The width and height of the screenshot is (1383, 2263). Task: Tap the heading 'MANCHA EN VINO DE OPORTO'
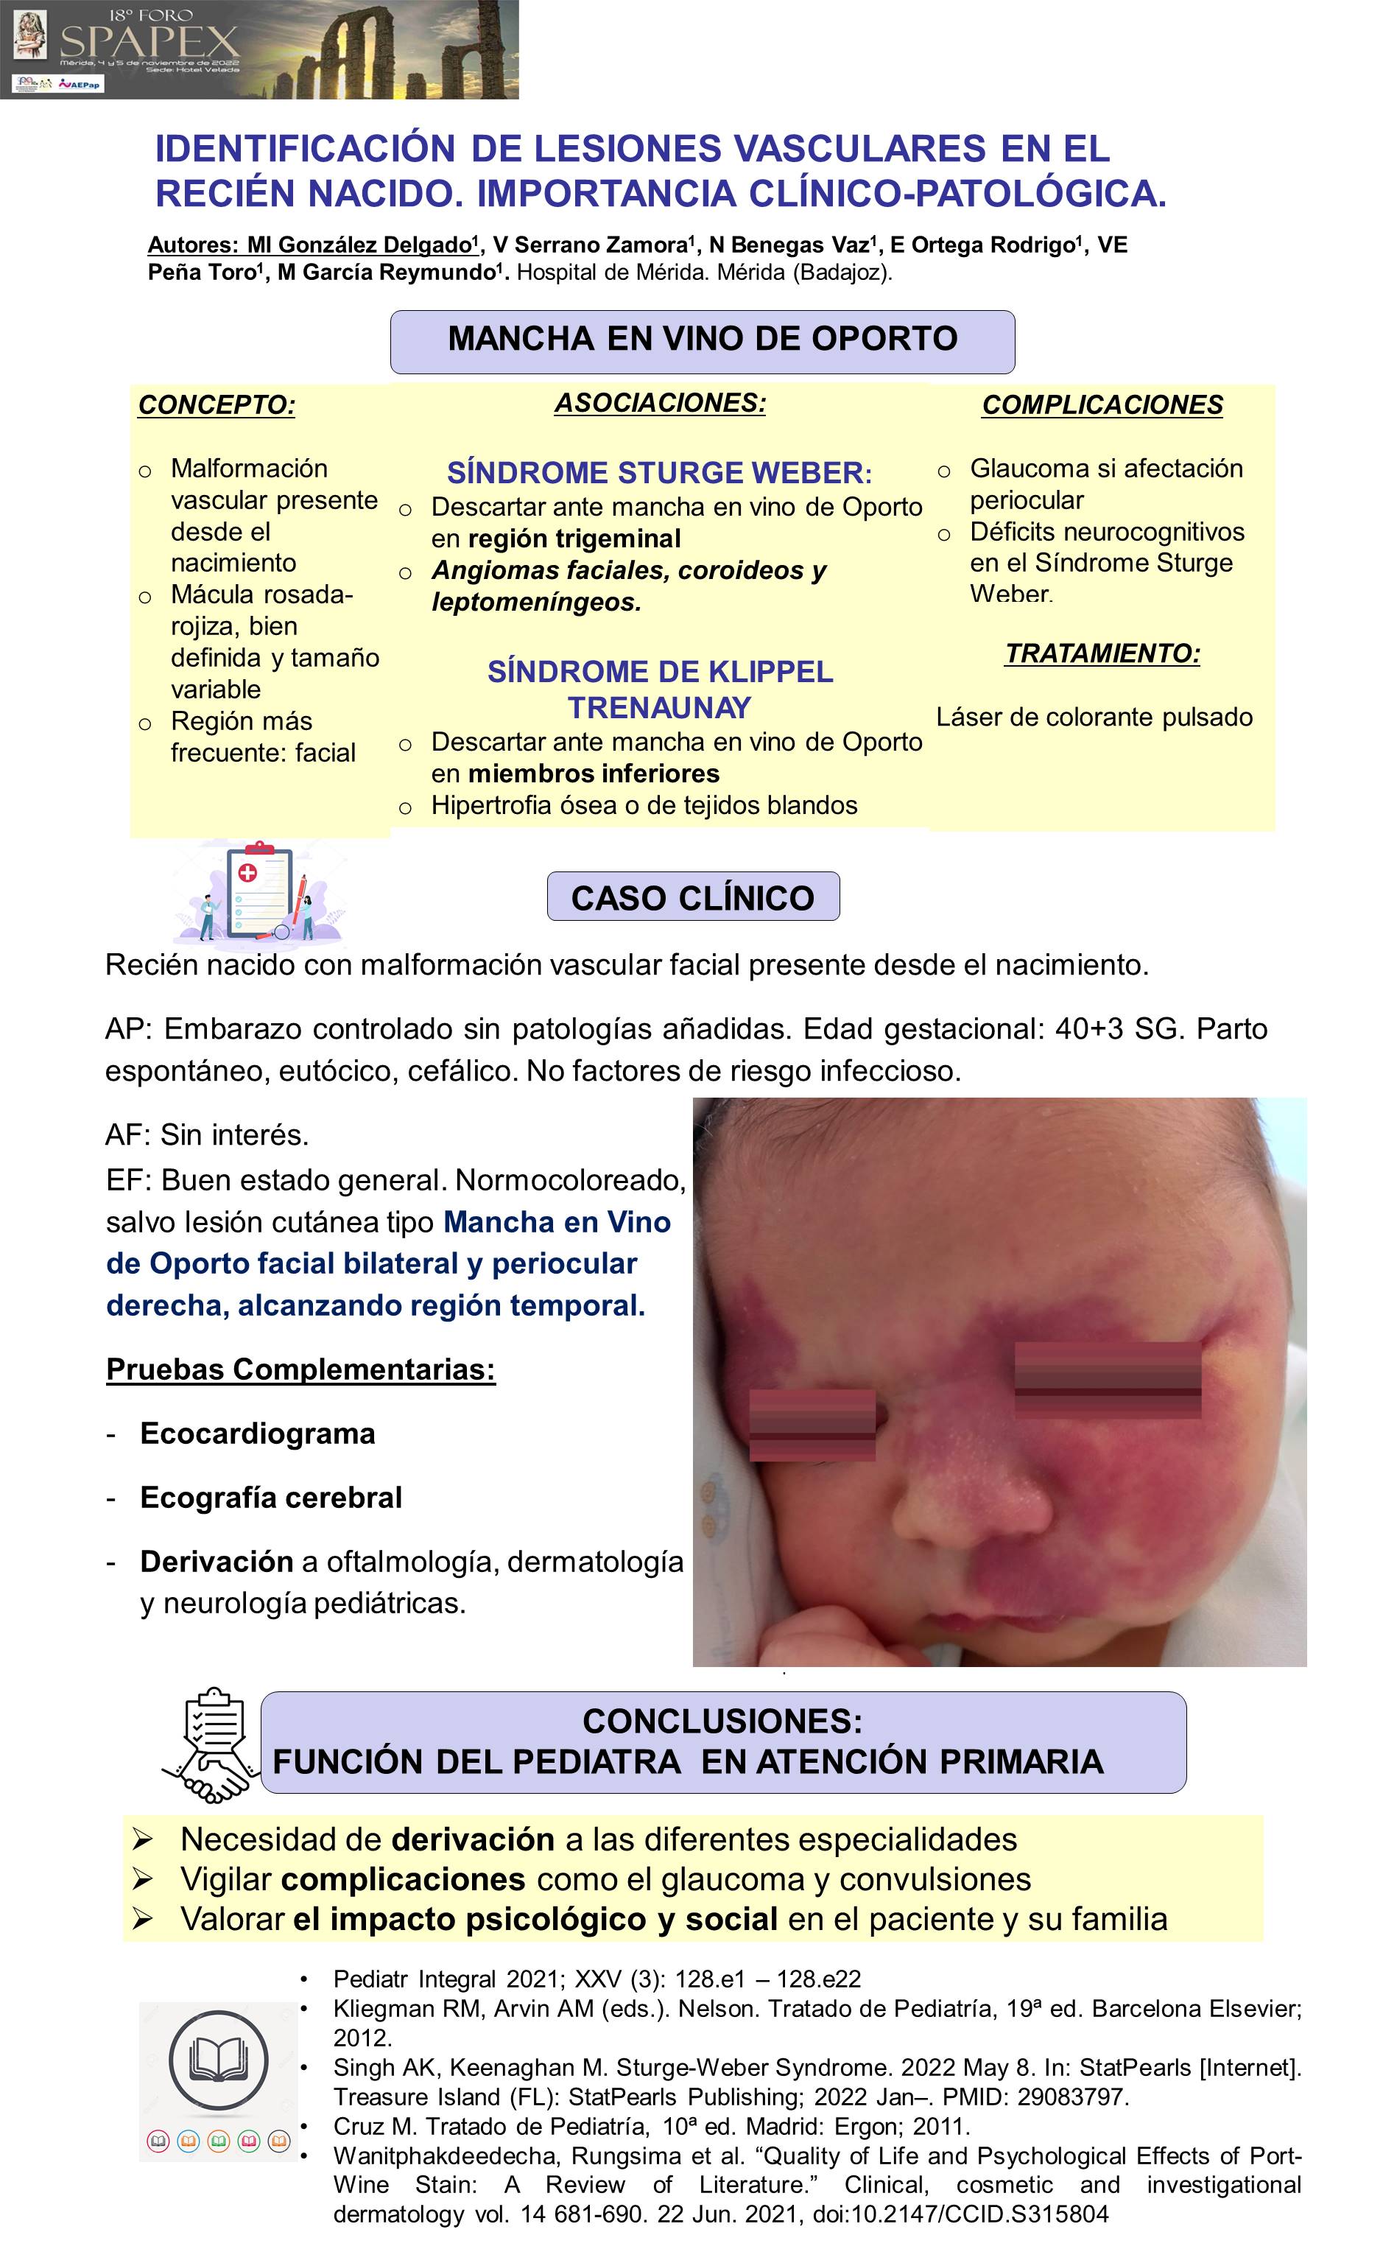click(703, 339)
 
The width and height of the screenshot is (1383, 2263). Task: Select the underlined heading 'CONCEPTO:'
click(217, 405)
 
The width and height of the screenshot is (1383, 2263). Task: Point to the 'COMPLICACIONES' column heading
click(1102, 405)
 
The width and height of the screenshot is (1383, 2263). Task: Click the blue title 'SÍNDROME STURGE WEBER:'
click(658, 473)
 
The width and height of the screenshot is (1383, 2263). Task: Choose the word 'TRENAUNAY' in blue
click(659, 708)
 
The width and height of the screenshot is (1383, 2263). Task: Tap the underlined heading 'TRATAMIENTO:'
click(1102, 654)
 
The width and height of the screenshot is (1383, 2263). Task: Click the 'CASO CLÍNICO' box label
click(692, 897)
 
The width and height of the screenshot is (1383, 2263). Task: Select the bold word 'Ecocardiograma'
click(257, 1434)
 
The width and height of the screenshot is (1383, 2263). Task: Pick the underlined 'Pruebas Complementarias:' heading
click(300, 1369)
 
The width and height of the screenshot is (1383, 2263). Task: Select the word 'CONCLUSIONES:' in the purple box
click(722, 1721)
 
